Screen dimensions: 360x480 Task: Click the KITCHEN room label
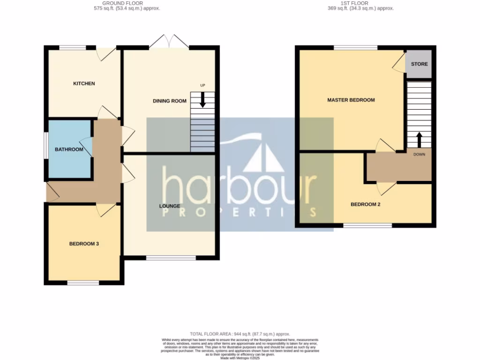point(84,83)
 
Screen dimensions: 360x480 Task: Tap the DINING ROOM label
point(169,101)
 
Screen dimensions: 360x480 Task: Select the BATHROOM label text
point(69,150)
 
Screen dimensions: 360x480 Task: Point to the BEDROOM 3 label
point(84,244)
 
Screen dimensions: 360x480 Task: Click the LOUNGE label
point(169,206)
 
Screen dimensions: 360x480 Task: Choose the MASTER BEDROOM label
point(351,100)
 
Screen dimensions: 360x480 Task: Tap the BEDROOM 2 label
point(366,204)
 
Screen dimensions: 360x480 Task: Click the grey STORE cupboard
point(419,64)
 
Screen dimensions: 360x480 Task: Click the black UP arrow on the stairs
point(202,99)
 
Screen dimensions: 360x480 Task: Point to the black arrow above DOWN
point(419,139)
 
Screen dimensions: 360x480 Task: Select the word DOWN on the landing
point(419,154)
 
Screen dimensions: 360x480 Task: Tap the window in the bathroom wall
point(46,146)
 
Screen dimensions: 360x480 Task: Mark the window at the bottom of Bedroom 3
point(83,283)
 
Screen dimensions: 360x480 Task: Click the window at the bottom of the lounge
point(171,257)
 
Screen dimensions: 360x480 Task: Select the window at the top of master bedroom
point(356,47)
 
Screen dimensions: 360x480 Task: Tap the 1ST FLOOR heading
point(360,3)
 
